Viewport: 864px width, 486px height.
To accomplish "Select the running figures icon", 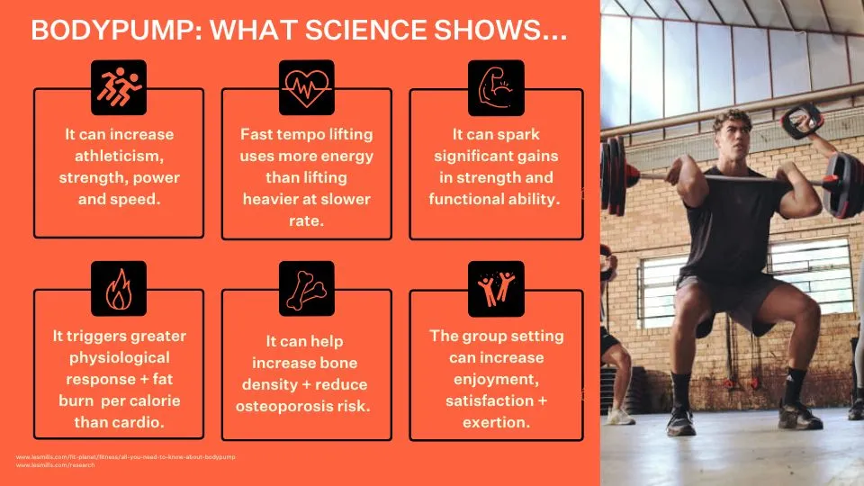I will (x=119, y=86).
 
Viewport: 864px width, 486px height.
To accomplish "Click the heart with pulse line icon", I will (x=306, y=86).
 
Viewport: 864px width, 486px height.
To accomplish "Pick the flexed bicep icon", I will (x=495, y=86).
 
